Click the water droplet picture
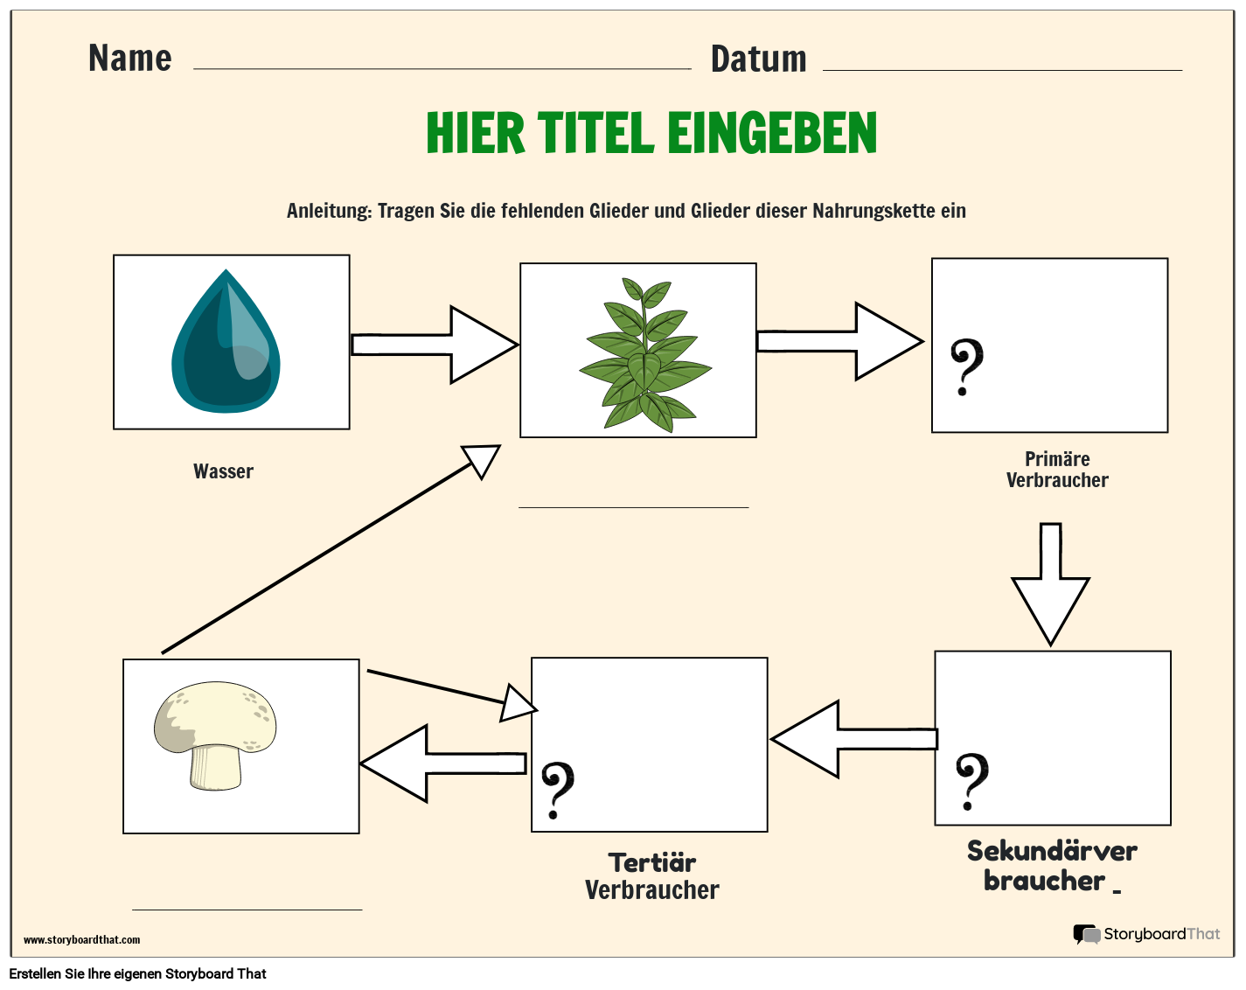coord(226,342)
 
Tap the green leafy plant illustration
coord(644,354)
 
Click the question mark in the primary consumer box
coord(966,367)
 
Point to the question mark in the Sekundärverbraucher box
coord(971,781)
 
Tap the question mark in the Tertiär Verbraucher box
coord(557,790)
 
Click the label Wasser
coord(223,471)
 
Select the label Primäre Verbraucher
coord(1056,470)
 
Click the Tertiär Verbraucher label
coord(651,876)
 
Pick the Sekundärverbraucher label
coord(1051,865)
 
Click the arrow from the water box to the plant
coord(434,345)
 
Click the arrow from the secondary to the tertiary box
coord(853,739)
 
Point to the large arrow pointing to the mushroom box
coord(442,763)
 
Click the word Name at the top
coord(129,59)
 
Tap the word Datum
coord(758,59)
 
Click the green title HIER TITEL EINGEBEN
coord(651,133)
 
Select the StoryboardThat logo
coord(1146,934)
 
